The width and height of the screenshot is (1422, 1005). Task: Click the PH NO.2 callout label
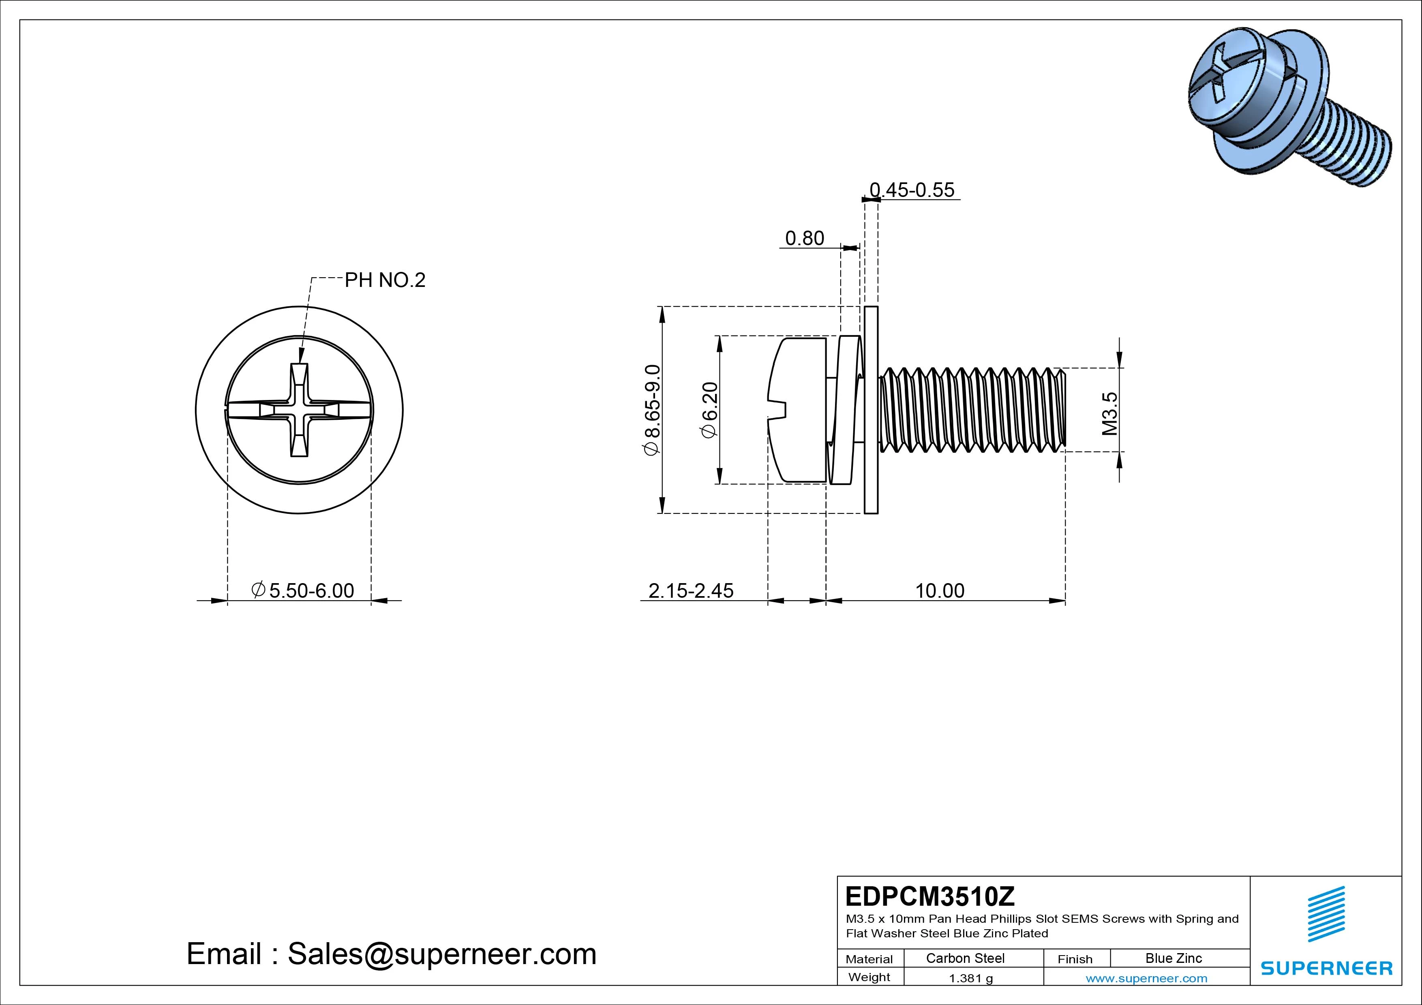[x=385, y=280]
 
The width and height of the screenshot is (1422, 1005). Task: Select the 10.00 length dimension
[x=940, y=591]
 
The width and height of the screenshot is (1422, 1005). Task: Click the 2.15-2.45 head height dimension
[x=691, y=591]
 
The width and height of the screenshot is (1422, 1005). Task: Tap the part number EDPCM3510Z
[x=929, y=896]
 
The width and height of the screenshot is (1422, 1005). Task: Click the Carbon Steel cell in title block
[x=965, y=958]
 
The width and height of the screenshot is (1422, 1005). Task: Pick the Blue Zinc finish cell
[x=1173, y=958]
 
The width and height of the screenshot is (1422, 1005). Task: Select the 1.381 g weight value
[x=970, y=978]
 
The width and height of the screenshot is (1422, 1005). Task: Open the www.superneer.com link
[x=1146, y=978]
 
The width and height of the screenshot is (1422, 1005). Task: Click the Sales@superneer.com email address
[x=441, y=954]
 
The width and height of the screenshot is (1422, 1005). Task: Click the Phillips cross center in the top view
[x=299, y=411]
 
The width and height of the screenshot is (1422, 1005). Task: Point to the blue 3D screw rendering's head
[x=1232, y=93]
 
